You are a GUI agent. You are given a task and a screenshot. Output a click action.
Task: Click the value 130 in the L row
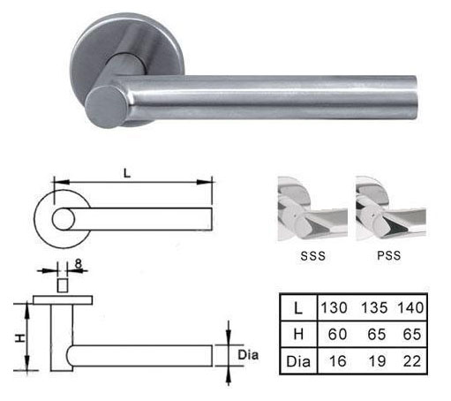pyautogui.click(x=334, y=308)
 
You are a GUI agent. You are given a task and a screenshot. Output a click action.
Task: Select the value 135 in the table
pyautogui.click(x=374, y=308)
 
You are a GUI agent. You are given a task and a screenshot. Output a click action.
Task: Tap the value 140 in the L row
pyautogui.click(x=410, y=308)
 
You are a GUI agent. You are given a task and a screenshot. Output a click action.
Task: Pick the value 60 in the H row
pyautogui.click(x=337, y=335)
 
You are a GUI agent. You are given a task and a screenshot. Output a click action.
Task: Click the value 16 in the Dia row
pyautogui.click(x=337, y=361)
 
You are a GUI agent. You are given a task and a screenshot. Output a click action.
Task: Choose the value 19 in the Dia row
pyautogui.click(x=377, y=361)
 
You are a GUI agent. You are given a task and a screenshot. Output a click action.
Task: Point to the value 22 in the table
pyautogui.click(x=412, y=361)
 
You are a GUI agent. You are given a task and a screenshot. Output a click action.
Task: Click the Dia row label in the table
pyautogui.click(x=298, y=361)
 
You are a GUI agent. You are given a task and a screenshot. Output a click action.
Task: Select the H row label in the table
pyautogui.click(x=298, y=335)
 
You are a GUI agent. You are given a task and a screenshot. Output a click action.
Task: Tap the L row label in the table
pyautogui.click(x=298, y=308)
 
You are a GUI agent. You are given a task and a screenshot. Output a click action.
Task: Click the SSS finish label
pyautogui.click(x=313, y=256)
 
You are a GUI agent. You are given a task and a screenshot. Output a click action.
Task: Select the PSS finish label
pyautogui.click(x=389, y=255)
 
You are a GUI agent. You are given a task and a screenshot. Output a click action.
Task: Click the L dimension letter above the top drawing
pyautogui.click(x=127, y=173)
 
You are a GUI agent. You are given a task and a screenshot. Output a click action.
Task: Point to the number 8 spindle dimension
pyautogui.click(x=78, y=263)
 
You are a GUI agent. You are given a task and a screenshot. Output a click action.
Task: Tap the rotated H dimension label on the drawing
pyautogui.click(x=19, y=338)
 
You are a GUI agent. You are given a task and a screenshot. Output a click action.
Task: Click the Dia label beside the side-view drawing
pyautogui.click(x=248, y=355)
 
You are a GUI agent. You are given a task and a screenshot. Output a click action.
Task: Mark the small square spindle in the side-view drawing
pyautogui.click(x=63, y=285)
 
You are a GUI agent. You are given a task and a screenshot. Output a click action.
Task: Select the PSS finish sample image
pyautogui.click(x=391, y=208)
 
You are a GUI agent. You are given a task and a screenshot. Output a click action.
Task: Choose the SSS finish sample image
pyautogui.click(x=312, y=208)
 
